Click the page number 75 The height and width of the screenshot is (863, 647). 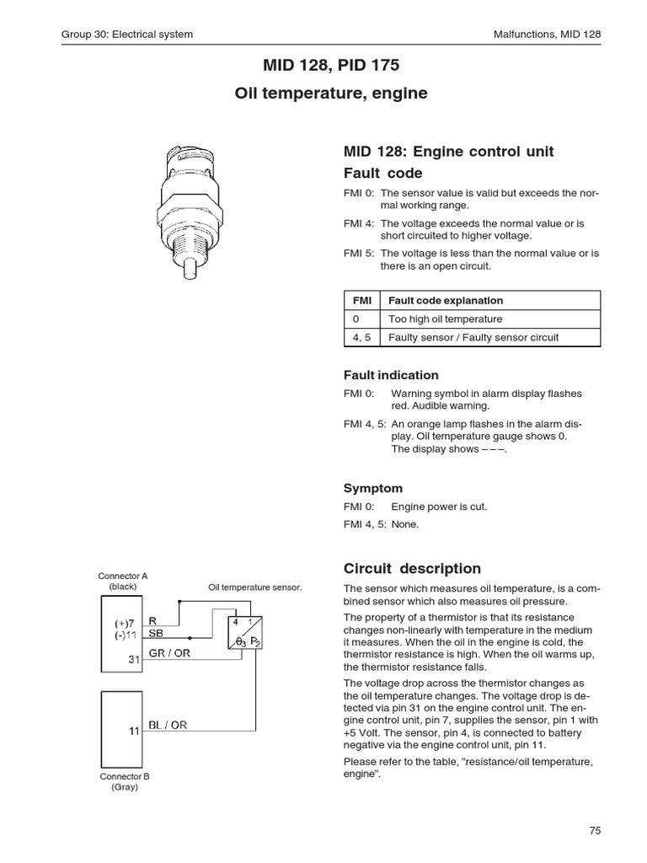[x=595, y=830]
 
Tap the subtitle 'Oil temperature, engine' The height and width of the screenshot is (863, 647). [x=330, y=94]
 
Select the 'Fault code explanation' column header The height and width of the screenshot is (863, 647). [x=446, y=300]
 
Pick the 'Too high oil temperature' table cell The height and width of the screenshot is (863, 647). [x=445, y=319]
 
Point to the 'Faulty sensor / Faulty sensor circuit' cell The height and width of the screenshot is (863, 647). [x=473, y=338]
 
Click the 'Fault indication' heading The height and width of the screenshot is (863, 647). [x=391, y=375]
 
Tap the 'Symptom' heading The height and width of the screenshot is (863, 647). [x=373, y=488]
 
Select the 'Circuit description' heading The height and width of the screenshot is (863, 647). [x=412, y=568]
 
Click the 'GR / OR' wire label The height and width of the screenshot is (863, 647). [x=169, y=654]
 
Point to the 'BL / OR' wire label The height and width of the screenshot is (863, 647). [x=168, y=725]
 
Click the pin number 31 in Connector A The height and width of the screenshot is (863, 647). [x=133, y=659]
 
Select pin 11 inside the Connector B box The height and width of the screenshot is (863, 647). [x=133, y=731]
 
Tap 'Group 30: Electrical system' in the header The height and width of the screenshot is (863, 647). [x=127, y=35]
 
